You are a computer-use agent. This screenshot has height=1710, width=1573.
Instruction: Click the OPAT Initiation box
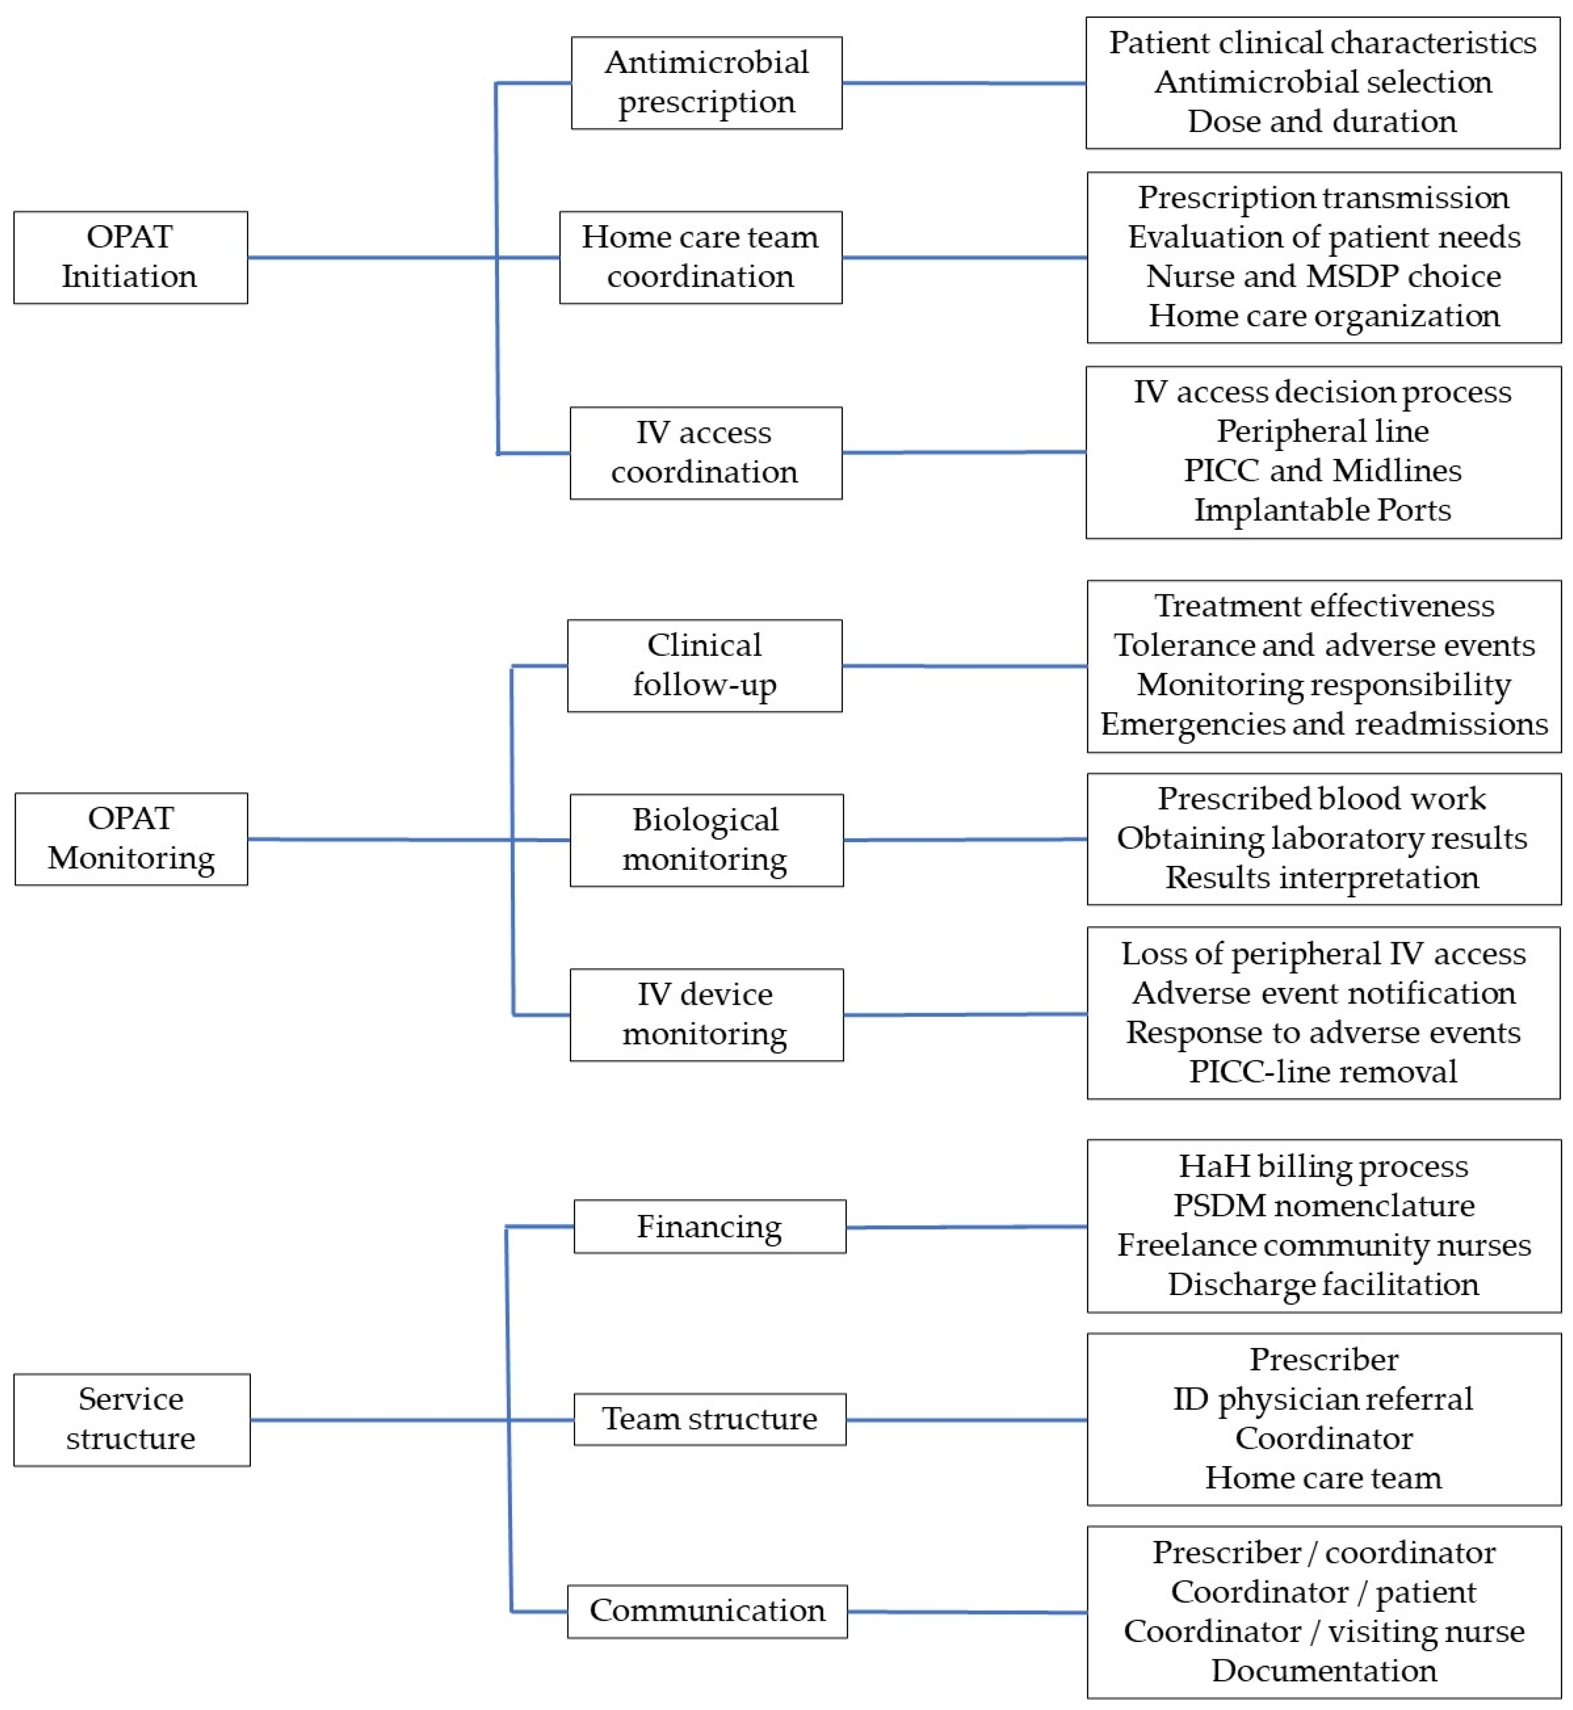click(130, 257)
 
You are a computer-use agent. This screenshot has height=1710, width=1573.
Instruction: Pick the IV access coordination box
click(705, 452)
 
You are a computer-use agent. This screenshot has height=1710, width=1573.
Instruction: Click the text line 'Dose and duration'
click(1322, 122)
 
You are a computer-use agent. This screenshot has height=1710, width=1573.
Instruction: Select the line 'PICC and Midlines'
click(1322, 471)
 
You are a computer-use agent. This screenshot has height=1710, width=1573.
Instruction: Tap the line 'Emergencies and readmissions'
click(1324, 724)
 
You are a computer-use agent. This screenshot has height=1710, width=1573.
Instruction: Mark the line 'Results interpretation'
click(1322, 877)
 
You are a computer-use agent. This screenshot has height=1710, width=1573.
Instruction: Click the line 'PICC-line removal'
click(1323, 1071)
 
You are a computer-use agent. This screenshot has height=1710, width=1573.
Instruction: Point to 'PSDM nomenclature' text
click(1324, 1205)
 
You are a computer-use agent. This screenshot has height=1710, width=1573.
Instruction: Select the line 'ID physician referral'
click(1323, 1399)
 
